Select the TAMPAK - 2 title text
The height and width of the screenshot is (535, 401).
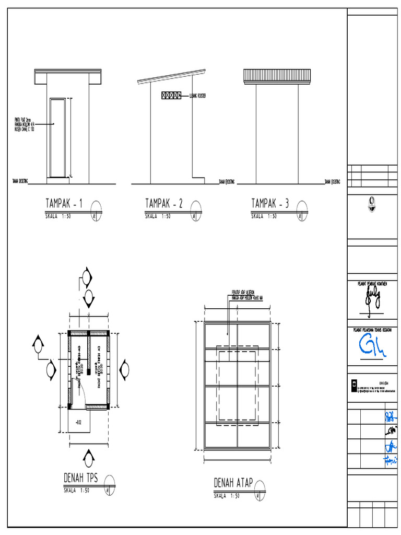click(163, 204)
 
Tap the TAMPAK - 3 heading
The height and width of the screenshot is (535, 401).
click(270, 204)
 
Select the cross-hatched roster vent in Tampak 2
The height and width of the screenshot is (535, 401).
click(171, 96)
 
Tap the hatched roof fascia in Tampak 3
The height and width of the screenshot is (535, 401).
click(277, 76)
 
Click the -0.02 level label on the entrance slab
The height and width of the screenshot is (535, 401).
click(78, 421)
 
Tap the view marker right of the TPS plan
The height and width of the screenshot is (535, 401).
click(124, 369)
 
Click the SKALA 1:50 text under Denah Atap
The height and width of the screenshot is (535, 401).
click(227, 496)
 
